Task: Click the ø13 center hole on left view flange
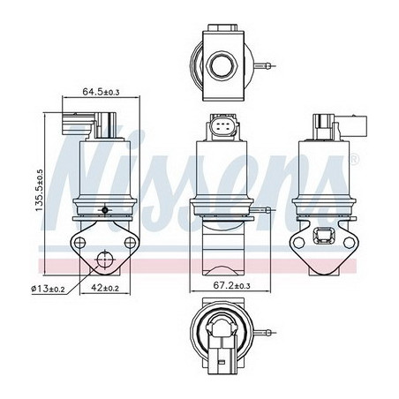pyautogui.click(x=106, y=259)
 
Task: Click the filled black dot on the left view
pyautogui.click(x=106, y=210)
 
